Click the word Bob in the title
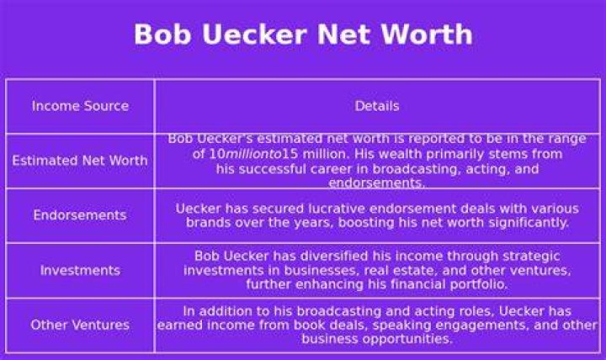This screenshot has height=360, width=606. tap(162, 34)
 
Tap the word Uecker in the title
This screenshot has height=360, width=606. tap(254, 34)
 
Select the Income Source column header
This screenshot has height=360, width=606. tap(81, 106)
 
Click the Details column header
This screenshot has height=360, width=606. tap(377, 106)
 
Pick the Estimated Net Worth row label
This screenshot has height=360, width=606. tap(80, 161)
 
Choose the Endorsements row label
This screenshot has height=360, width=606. tap(80, 214)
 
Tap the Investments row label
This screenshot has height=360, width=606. tap(80, 270)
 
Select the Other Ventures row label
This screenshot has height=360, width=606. tap(80, 325)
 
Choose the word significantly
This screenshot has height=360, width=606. tap(529, 223)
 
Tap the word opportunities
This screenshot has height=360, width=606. tap(407, 339)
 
